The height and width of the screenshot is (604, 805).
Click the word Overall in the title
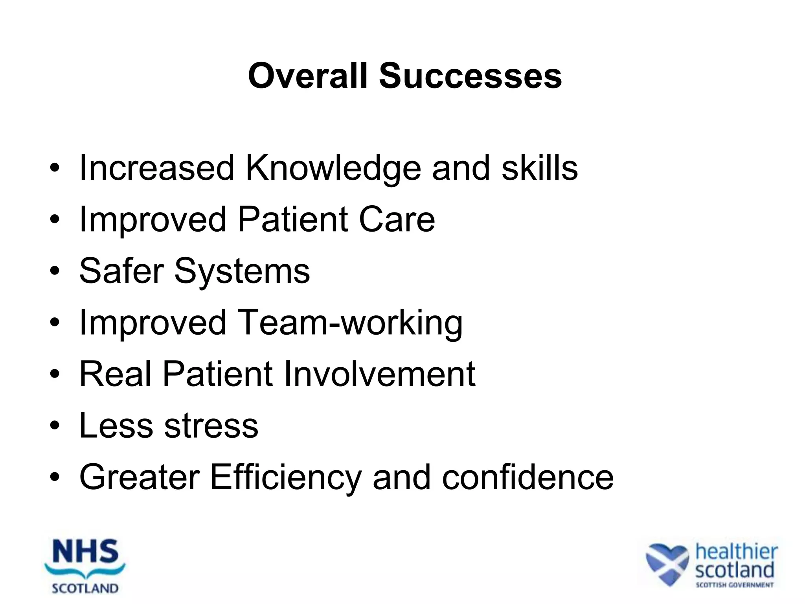308,76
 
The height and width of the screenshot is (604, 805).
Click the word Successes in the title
470,76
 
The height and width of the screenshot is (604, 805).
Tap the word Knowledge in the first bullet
333,168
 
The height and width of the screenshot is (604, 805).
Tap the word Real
115,374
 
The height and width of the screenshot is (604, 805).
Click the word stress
211,425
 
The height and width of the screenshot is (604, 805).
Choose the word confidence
527,477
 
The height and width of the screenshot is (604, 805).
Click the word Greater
140,477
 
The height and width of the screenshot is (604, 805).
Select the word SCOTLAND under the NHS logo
85,588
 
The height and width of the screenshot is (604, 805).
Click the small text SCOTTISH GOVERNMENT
734,585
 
